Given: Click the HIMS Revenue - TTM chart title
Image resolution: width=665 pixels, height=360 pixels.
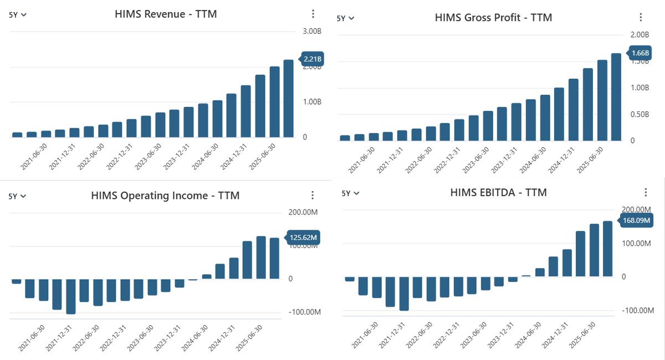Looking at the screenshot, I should (166, 14).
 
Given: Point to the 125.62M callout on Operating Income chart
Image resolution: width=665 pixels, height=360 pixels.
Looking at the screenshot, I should (304, 238).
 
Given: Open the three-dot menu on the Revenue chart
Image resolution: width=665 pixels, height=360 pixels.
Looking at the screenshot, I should (313, 14).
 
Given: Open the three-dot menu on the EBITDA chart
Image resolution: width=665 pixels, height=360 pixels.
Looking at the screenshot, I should (646, 193).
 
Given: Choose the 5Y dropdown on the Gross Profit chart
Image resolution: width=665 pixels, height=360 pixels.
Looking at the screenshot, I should (345, 18).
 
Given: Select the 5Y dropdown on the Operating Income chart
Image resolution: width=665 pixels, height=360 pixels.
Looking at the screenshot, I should (18, 196).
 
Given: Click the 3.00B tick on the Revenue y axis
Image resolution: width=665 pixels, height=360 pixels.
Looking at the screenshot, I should (312, 32).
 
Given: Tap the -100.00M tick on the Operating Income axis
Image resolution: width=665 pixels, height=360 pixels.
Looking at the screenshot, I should (304, 312).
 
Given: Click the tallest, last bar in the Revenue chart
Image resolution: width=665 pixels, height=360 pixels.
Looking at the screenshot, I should (288, 98).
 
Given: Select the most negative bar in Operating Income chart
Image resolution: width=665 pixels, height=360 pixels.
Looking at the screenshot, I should (71, 296).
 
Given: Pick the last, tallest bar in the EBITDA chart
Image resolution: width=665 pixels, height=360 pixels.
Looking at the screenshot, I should (607, 249).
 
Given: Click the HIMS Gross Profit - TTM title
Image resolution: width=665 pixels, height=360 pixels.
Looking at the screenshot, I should (494, 17).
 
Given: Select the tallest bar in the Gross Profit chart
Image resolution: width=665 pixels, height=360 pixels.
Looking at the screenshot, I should (616, 97).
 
